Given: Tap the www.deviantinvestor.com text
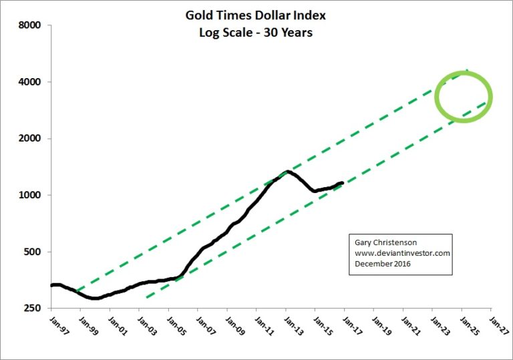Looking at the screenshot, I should pyautogui.click(x=399, y=254).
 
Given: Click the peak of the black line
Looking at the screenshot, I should pyautogui.click(x=287, y=172).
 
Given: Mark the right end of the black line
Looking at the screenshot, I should pyautogui.click(x=343, y=182).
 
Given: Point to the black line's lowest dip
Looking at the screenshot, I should pyautogui.click(x=94, y=298).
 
